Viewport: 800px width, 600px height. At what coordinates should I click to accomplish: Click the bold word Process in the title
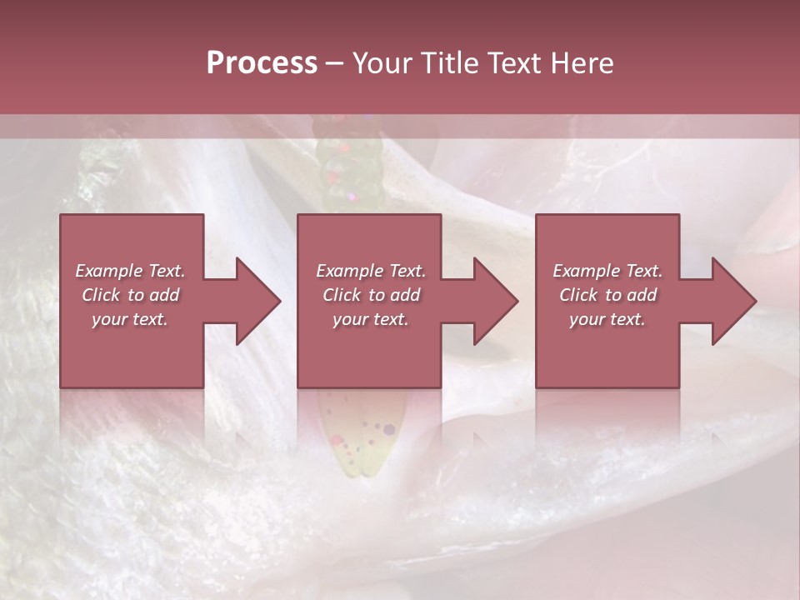tap(262, 63)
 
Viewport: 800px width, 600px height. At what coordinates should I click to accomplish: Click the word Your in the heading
tap(382, 63)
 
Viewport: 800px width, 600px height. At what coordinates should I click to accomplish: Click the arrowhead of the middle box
tap(495, 301)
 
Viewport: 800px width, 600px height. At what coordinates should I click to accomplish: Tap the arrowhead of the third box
tap(733, 301)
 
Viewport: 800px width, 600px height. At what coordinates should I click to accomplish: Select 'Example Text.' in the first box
tap(130, 271)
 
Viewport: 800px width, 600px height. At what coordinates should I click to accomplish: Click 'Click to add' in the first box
tap(130, 295)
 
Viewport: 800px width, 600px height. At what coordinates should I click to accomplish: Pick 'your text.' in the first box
tap(130, 319)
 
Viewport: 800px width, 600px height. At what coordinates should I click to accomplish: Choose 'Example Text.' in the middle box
tap(371, 271)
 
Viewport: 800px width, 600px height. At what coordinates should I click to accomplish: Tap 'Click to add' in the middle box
tap(371, 295)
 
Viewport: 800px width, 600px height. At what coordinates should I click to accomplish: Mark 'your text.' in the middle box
tap(371, 319)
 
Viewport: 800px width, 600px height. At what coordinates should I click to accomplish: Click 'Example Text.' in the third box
tap(607, 271)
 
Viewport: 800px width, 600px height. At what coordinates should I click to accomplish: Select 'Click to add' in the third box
tap(607, 295)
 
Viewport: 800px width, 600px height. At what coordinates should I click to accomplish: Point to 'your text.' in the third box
tap(607, 319)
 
